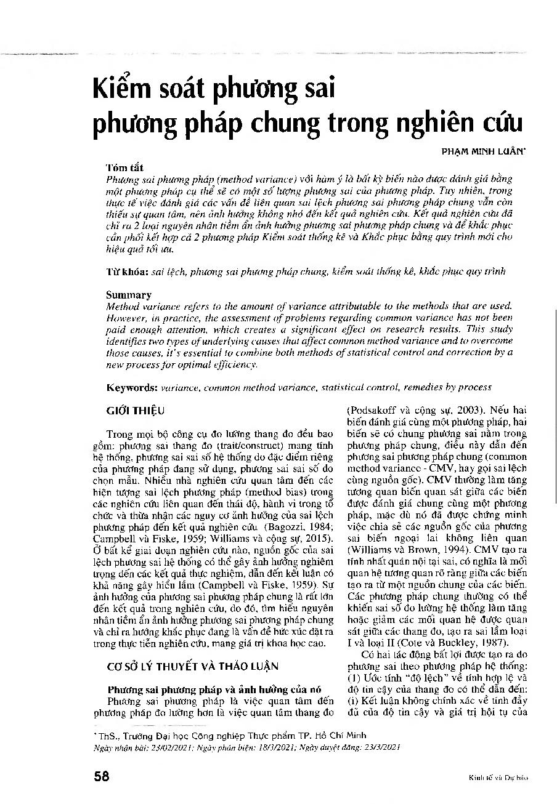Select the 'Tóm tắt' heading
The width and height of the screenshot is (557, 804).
point(125,167)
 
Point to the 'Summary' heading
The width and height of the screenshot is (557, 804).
point(128,295)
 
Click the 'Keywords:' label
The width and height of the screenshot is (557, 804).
point(132,387)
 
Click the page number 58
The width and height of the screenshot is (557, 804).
point(102,776)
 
